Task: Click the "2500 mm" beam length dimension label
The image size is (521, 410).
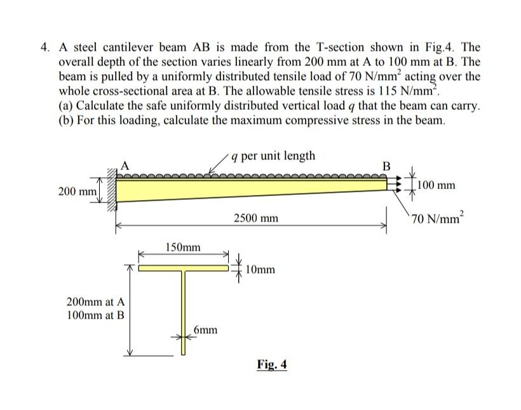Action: (256, 218)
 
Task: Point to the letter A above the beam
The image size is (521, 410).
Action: (124, 166)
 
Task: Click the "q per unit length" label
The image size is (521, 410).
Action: (273, 156)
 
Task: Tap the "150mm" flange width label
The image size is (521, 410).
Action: (183, 247)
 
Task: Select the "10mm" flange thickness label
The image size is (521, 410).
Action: (259, 270)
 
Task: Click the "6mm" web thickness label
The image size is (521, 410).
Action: (206, 329)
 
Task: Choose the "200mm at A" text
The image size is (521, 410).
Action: (95, 301)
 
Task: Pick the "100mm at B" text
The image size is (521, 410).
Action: (95, 314)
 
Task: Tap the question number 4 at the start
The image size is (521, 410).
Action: (44, 48)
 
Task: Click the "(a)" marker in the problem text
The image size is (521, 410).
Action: (65, 105)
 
